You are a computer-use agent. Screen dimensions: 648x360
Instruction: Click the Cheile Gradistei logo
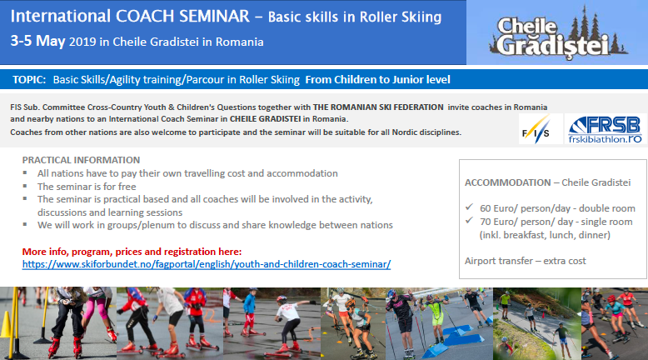point(558,34)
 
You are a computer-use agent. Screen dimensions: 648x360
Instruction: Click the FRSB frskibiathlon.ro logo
point(606,129)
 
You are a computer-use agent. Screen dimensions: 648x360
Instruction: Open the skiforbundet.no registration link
point(207,264)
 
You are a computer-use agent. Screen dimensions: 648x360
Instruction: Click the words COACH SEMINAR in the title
point(182,16)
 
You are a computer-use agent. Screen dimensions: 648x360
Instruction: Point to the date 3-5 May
point(37,41)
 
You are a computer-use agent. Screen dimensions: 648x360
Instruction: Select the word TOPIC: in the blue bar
point(29,79)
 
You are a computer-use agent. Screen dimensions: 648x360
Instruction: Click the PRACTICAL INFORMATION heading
point(81,160)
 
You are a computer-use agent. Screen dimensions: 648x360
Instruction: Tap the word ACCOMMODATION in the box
point(507,182)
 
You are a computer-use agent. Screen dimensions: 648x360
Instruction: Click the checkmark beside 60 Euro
point(469,207)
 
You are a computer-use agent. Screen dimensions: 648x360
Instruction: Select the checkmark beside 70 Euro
point(469,220)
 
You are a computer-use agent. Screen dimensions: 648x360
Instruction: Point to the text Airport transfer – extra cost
point(526,261)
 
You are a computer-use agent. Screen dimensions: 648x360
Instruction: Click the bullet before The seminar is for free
point(25,186)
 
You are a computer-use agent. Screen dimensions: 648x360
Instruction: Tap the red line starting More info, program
point(132,252)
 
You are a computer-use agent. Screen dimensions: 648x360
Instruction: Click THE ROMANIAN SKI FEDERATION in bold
point(378,107)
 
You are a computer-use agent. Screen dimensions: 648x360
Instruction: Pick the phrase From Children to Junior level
point(378,79)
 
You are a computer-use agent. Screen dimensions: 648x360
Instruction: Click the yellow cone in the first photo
point(6,323)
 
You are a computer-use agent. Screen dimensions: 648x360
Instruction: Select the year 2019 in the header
point(82,42)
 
